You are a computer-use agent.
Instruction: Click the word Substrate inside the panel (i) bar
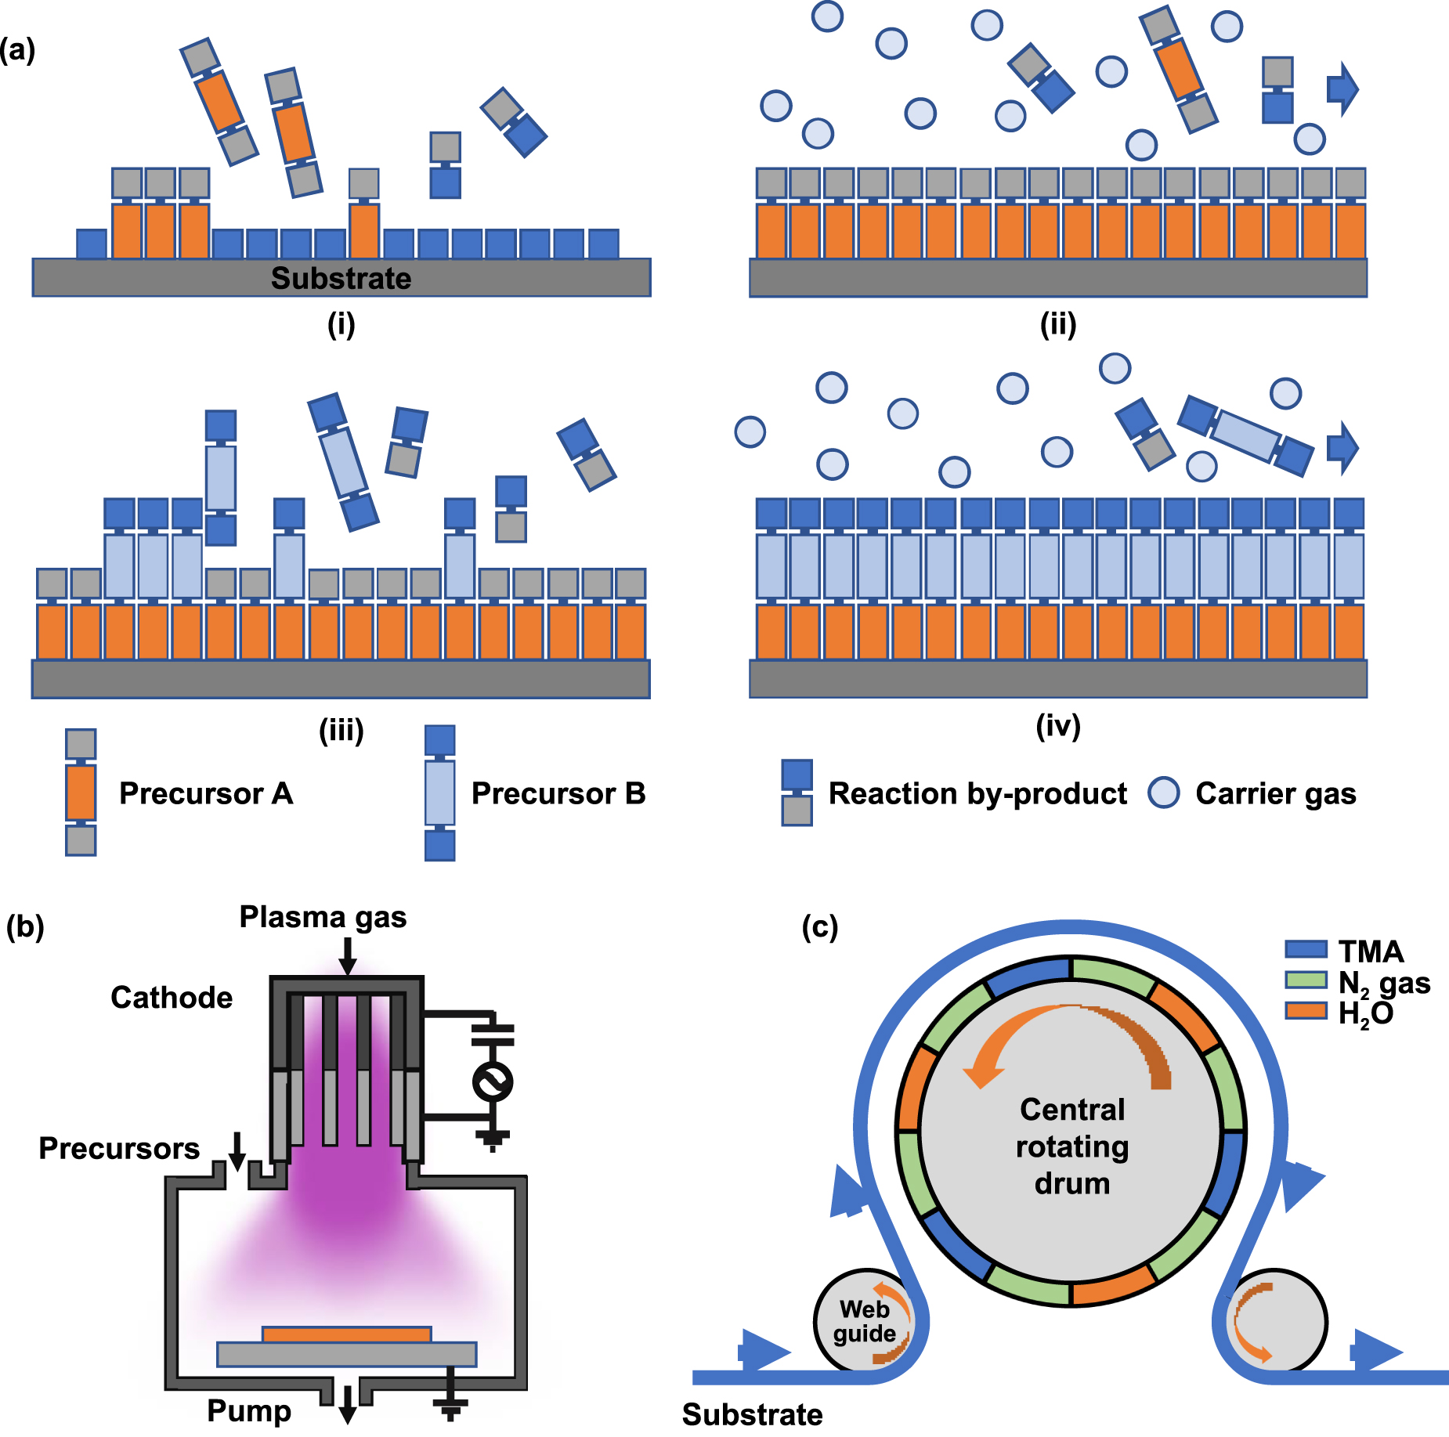point(341,278)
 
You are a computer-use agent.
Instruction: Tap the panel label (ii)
point(1057,323)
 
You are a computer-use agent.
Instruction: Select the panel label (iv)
point(1057,725)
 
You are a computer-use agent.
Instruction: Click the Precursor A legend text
point(206,793)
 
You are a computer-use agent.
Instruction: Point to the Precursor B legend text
point(558,793)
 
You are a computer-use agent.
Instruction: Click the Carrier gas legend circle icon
point(1163,793)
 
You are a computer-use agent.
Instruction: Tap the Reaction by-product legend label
point(977,793)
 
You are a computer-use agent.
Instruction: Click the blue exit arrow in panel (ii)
point(1342,88)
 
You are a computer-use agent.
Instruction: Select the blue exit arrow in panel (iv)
point(1342,448)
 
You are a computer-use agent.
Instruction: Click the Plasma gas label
point(323,916)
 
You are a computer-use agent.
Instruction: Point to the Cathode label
point(172,997)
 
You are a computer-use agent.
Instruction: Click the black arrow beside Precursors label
point(237,1150)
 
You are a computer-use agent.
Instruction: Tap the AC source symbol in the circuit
point(493,1082)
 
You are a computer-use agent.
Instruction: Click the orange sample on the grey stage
point(346,1334)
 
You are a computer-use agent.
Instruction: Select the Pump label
point(249,1410)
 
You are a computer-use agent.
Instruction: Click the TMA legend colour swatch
point(1306,949)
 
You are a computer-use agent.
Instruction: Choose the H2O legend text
point(1365,1013)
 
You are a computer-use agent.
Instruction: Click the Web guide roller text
point(864,1320)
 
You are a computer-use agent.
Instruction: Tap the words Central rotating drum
point(1072,1146)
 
